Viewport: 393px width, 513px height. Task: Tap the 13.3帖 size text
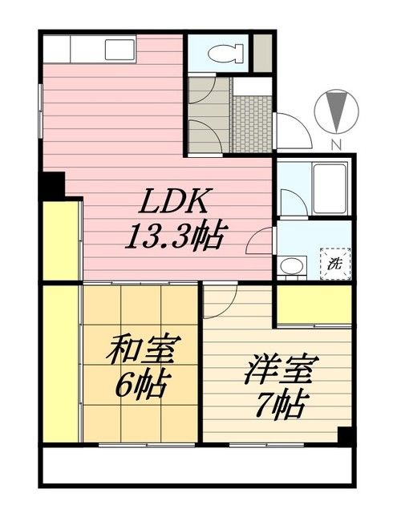coord(174,236)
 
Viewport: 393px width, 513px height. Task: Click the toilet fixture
coord(224,55)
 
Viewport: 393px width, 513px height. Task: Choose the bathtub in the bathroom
coord(330,189)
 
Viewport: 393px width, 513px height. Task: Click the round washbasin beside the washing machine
coord(290,264)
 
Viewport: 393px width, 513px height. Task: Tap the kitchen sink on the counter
coord(120,50)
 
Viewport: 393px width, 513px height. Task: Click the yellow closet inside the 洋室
coord(314,304)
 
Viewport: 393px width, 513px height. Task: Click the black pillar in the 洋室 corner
coord(345,437)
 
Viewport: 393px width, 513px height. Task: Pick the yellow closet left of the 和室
coord(61,365)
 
